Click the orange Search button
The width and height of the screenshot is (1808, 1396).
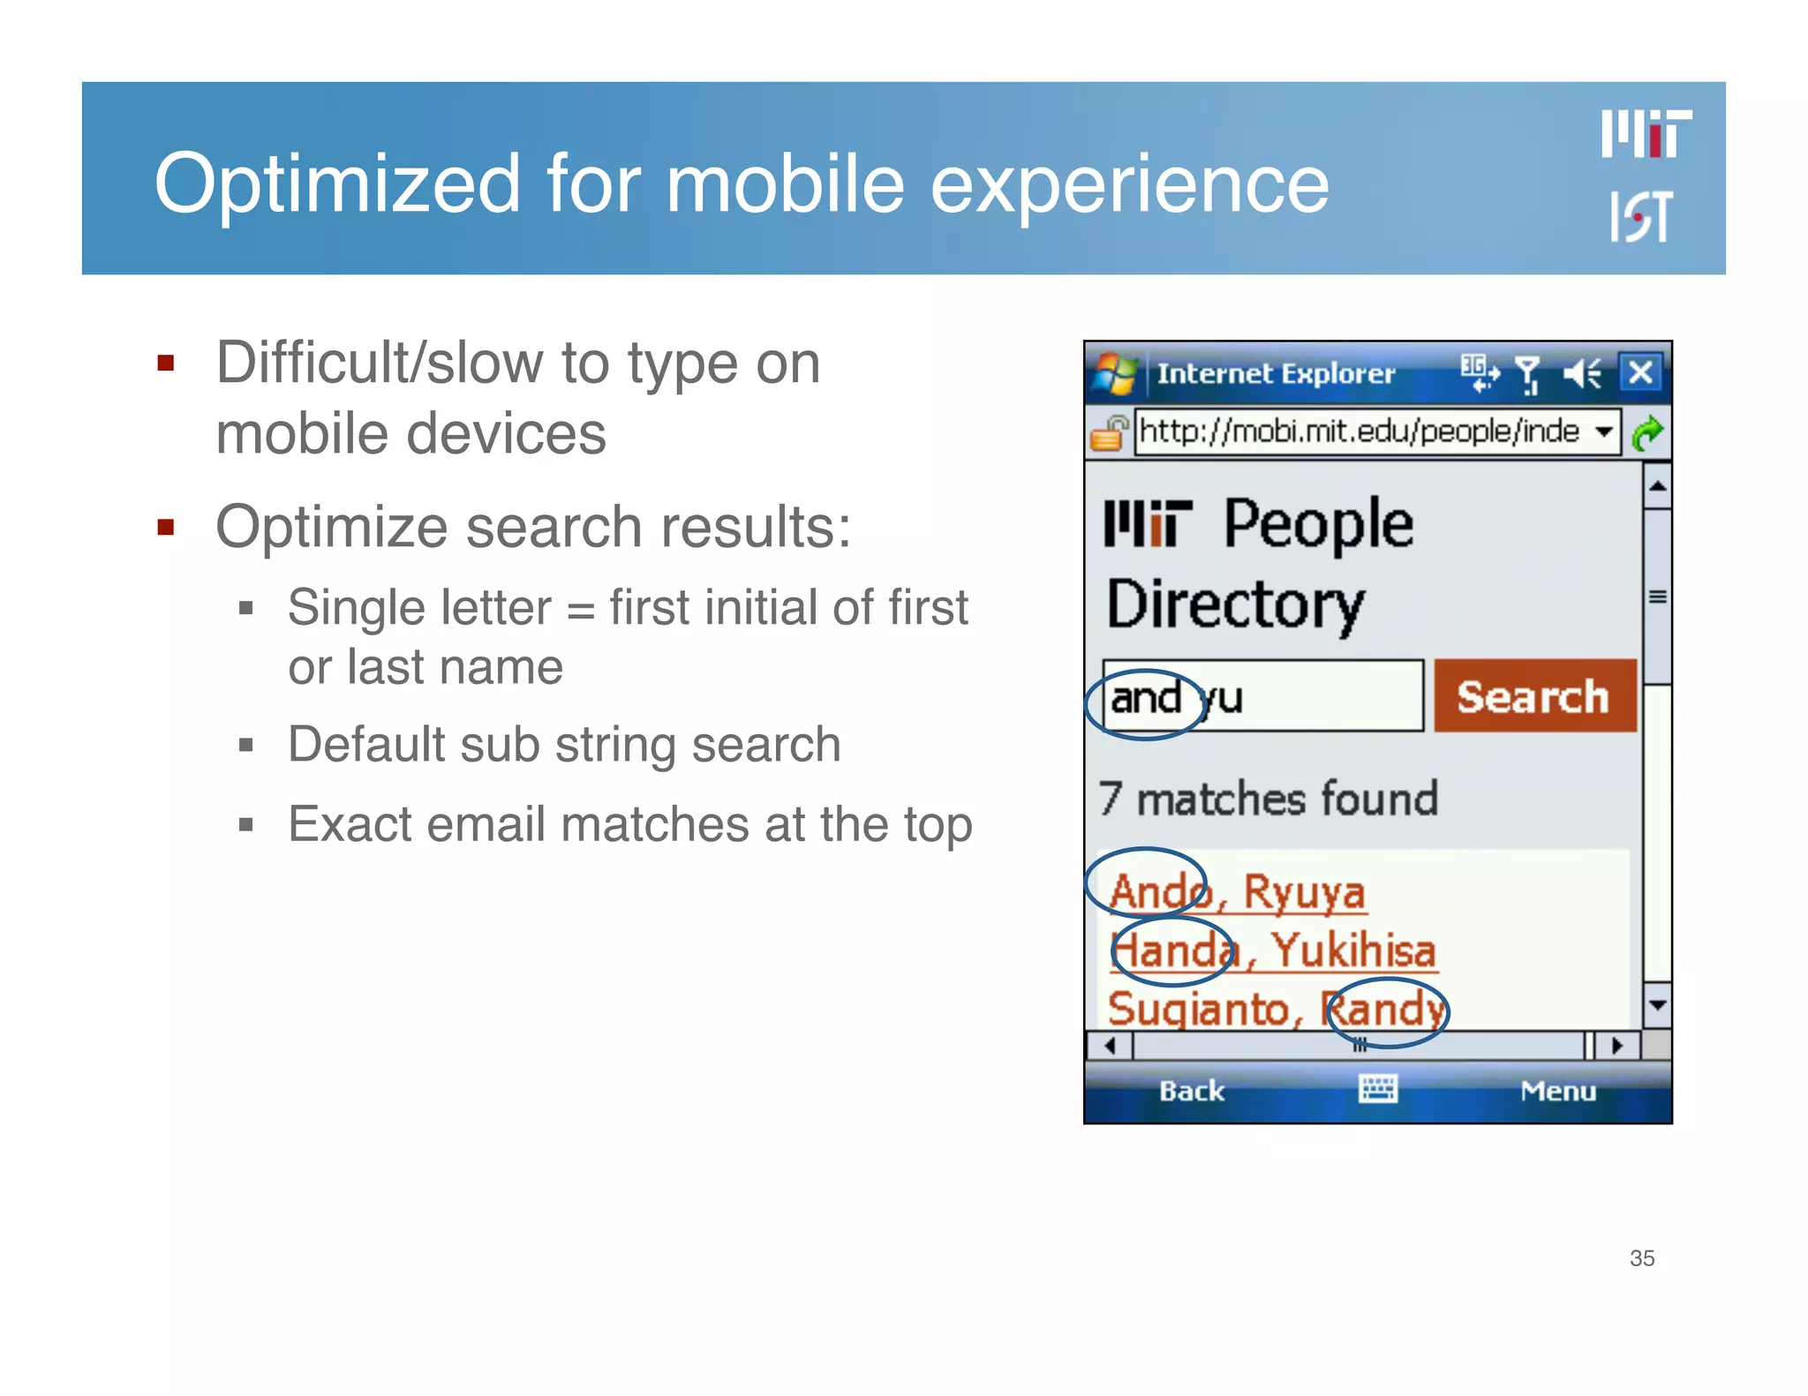point(1534,696)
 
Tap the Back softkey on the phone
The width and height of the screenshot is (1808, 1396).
point(1191,1092)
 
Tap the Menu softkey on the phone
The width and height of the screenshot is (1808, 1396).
point(1558,1092)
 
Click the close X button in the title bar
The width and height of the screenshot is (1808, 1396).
point(1640,372)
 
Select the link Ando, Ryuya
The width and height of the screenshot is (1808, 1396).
point(1237,891)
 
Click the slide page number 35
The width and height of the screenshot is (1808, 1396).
point(1641,1258)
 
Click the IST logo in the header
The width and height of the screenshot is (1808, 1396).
point(1640,217)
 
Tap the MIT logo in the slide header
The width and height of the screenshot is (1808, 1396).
point(1646,134)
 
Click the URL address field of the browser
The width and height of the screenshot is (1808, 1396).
point(1360,432)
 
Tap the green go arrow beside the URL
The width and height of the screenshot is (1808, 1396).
point(1647,432)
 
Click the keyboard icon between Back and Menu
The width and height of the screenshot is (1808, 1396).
point(1377,1090)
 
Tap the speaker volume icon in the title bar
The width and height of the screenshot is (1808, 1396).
point(1581,373)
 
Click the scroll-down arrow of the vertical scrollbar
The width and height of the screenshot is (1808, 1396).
point(1657,1005)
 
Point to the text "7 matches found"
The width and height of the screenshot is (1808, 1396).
point(1269,799)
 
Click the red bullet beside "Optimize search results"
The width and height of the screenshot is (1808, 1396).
point(165,528)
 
